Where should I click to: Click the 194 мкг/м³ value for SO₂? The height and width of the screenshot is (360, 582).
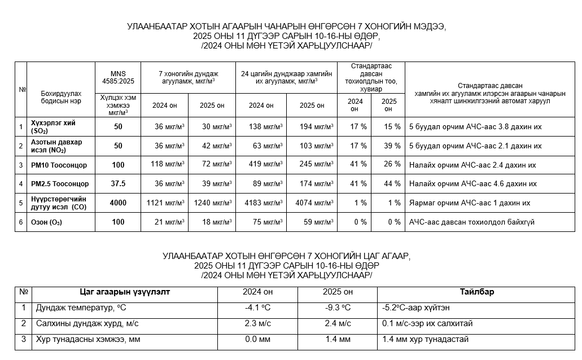[312, 127]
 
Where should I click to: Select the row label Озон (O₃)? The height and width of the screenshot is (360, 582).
[46, 222]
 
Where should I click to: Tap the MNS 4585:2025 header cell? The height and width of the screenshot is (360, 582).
[118, 77]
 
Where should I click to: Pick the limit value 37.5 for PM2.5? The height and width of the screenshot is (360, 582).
[118, 184]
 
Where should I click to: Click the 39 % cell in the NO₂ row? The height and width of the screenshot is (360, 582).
[388, 146]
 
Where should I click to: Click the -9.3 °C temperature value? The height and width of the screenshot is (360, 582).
[337, 308]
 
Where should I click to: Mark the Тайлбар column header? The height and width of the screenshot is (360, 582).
[476, 292]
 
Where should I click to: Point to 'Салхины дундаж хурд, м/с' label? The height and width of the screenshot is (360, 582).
[87, 323]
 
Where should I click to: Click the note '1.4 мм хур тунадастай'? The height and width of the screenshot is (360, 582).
[425, 339]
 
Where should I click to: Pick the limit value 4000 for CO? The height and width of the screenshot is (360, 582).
[118, 203]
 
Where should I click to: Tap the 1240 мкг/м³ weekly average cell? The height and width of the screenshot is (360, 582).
[210, 203]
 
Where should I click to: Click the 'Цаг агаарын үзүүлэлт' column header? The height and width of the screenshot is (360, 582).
[125, 292]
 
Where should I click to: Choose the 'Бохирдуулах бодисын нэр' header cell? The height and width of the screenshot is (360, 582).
[61, 96]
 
